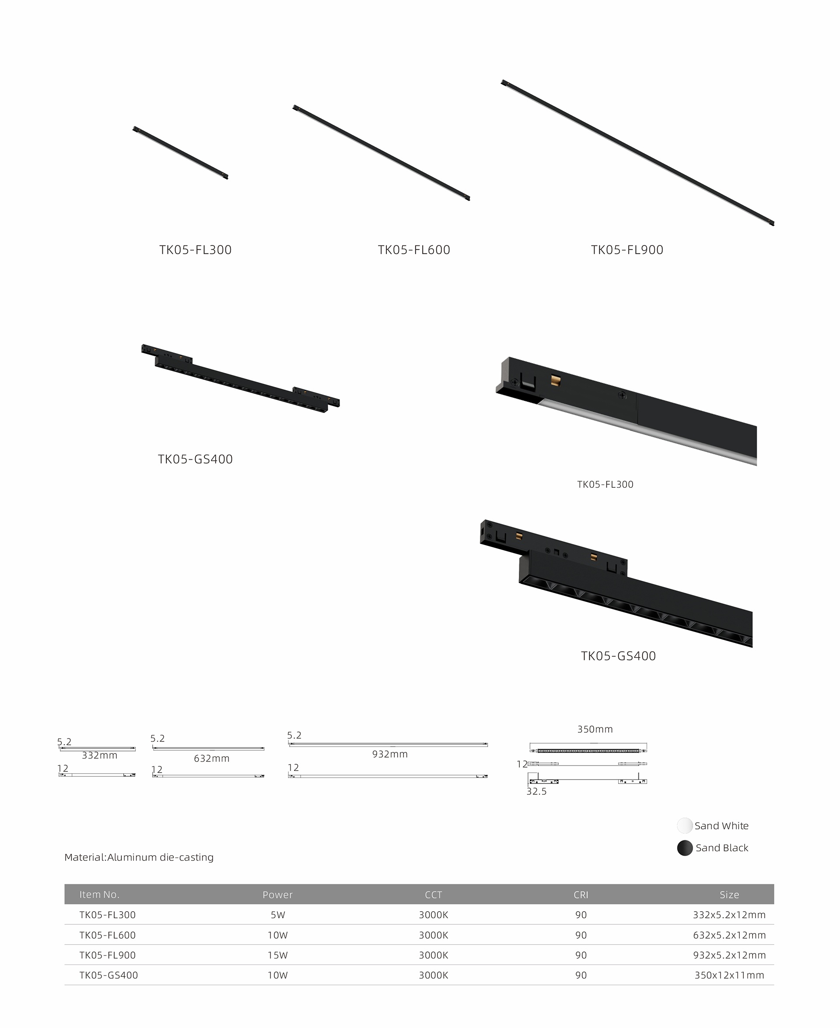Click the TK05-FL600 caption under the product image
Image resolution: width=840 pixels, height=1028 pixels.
tap(414, 250)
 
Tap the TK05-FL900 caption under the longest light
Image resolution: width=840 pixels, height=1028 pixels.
tap(627, 250)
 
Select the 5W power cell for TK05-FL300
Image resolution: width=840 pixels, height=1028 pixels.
tap(278, 915)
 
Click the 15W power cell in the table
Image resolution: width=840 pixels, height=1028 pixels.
tap(278, 955)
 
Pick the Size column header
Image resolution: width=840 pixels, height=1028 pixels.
tap(729, 895)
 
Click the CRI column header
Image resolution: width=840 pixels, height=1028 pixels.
tap(581, 895)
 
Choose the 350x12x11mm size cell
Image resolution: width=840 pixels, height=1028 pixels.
tap(729, 975)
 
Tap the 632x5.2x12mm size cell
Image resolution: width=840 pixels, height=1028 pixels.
tap(729, 935)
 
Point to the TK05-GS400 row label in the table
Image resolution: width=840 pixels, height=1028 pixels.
tap(108, 975)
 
